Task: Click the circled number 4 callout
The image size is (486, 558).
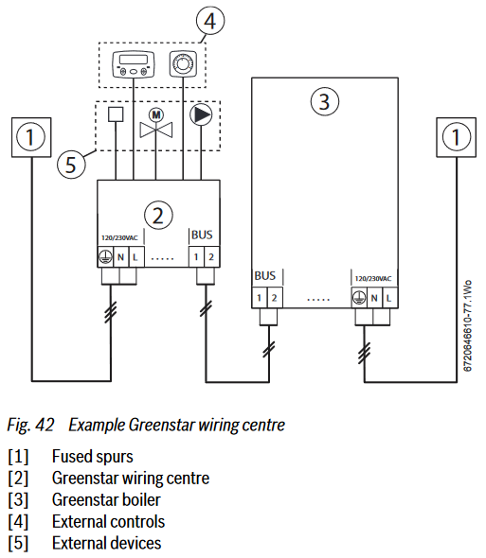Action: pos(210,21)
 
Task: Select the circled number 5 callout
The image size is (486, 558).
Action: pos(71,165)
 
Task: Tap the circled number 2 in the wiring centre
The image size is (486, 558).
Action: pos(158,216)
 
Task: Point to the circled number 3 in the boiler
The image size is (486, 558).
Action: pos(325,102)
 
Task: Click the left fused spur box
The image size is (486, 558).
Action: pos(31,137)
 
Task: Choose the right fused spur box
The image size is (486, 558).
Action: pos(456,137)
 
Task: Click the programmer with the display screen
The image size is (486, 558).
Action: pos(134,64)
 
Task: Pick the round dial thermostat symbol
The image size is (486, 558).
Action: pos(183,64)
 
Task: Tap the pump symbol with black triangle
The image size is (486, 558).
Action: pos(201,114)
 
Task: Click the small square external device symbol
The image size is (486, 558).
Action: pos(116,114)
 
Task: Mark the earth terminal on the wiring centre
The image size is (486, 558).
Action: pos(105,256)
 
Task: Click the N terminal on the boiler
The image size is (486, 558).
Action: pos(374,298)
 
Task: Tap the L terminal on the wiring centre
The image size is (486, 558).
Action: pos(135,256)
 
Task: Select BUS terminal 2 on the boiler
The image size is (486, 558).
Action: pos(274,298)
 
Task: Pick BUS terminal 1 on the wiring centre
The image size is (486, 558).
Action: pos(196,256)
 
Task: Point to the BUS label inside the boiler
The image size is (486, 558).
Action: pos(265,276)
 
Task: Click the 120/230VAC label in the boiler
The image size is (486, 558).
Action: pos(373,279)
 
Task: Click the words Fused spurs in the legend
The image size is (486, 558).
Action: pos(92,457)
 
